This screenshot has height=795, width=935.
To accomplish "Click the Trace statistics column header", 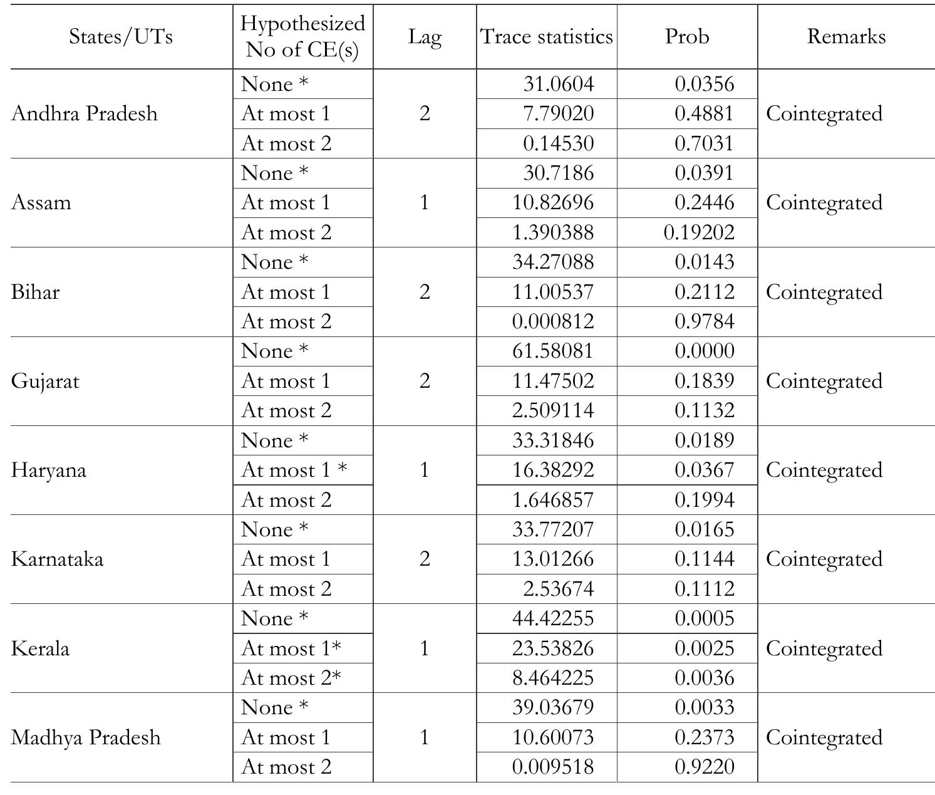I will tap(546, 37).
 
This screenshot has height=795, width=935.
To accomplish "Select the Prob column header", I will tap(687, 37).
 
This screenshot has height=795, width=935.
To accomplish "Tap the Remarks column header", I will tap(846, 37).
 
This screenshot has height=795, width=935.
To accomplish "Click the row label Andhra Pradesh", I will tap(85, 114).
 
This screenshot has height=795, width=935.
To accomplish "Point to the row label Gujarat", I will tap(45, 382).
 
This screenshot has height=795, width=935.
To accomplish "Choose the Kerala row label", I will tap(40, 649).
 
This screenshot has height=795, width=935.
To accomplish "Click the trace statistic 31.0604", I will tap(559, 85).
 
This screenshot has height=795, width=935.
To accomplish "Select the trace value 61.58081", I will tap(552, 351).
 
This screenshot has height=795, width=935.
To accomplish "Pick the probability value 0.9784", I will tap(704, 322).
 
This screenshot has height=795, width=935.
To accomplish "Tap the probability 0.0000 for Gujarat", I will tap(704, 351).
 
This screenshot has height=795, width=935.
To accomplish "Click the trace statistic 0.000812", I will tap(552, 322).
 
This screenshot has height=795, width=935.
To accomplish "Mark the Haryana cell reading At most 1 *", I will tap(294, 470).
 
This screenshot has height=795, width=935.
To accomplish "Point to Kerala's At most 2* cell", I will tap(291, 678).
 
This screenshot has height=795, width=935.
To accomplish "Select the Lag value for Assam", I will tap(425, 203).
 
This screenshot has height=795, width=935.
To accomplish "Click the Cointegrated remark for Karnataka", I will tap(824, 559).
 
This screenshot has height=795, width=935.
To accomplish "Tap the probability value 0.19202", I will tap(699, 233).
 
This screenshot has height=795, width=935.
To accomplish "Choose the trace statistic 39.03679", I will tap(552, 708).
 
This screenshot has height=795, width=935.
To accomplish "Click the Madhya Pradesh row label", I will tap(86, 738).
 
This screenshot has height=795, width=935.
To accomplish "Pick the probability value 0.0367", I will tap(704, 470).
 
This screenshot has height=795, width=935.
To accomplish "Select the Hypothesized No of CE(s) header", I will tap(302, 37).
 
